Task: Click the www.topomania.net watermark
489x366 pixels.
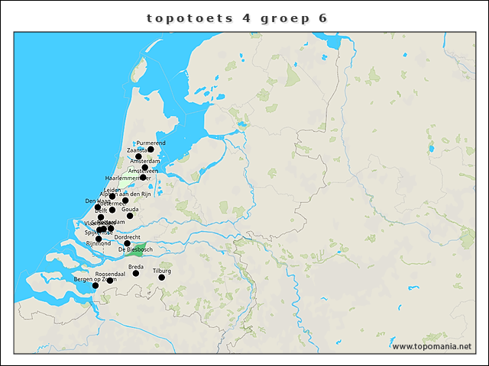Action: pyautogui.click(x=432, y=346)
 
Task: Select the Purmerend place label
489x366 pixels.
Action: pyautogui.click(x=151, y=143)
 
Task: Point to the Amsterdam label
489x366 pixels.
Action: pyautogui.click(x=144, y=161)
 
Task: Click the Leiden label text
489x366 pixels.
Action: pyautogui.click(x=112, y=190)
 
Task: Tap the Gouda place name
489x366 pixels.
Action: pyautogui.click(x=130, y=209)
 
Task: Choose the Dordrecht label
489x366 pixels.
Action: pyautogui.click(x=126, y=237)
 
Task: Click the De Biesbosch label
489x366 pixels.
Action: pyautogui.click(x=135, y=250)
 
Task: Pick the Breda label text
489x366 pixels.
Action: pyautogui.click(x=136, y=266)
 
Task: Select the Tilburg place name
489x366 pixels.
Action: pyautogui.click(x=161, y=271)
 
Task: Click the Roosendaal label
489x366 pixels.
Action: pyautogui.click(x=110, y=273)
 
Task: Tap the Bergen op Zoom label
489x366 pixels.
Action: pyautogui.click(x=95, y=280)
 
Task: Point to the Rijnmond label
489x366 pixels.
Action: pyautogui.click(x=99, y=243)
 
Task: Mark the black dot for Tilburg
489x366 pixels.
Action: pyautogui.click(x=161, y=278)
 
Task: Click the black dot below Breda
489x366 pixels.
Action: pyautogui.click(x=136, y=273)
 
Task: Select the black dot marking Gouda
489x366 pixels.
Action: pyautogui.click(x=130, y=216)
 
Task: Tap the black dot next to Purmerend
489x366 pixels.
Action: pyautogui.click(x=151, y=149)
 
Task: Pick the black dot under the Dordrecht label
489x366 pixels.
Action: pyautogui.click(x=127, y=243)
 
